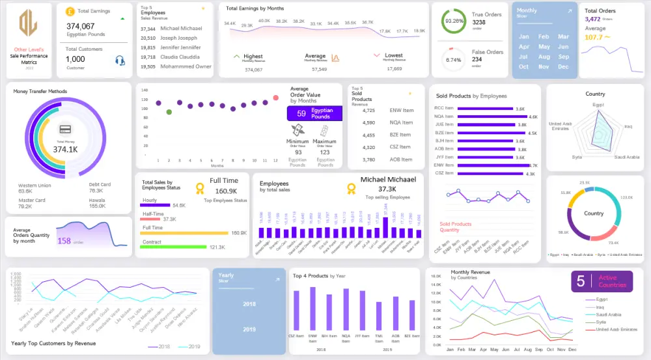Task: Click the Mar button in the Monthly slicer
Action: (564, 36)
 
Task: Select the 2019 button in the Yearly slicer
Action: (249, 329)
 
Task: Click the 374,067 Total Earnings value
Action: (80, 26)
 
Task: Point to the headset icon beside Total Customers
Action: (120, 61)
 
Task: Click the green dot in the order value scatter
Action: (169, 112)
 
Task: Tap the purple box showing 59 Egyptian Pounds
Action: (314, 113)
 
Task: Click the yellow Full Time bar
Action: (185, 232)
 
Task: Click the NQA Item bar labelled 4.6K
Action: (492, 117)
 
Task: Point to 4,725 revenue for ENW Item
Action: (368, 111)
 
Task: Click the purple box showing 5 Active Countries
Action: (602, 281)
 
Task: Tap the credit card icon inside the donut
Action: (65, 130)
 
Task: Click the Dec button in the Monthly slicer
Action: (564, 66)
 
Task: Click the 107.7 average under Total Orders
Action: (594, 37)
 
